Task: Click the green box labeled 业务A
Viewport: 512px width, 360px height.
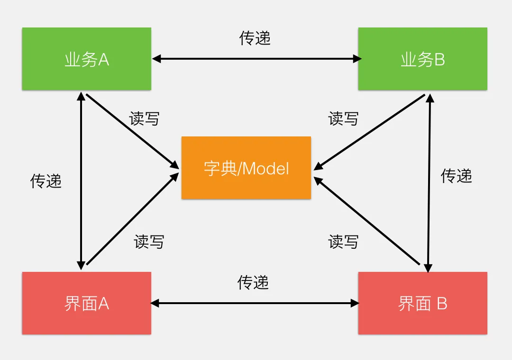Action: [x=87, y=59]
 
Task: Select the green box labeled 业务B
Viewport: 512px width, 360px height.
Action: [x=422, y=59]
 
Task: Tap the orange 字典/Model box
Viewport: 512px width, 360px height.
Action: [x=246, y=168]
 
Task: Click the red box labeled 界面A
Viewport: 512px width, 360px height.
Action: [x=87, y=303]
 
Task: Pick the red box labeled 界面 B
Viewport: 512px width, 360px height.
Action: [x=422, y=303]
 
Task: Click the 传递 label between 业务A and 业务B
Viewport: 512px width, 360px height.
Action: [x=255, y=38]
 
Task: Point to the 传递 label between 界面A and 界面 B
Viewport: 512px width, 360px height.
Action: [x=253, y=283]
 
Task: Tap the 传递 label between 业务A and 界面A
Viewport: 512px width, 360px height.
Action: [x=46, y=180]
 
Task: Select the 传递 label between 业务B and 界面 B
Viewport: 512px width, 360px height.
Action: [x=457, y=176]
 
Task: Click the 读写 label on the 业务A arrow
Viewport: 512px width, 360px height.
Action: [x=144, y=118]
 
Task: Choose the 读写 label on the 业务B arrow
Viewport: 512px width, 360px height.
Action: [x=343, y=118]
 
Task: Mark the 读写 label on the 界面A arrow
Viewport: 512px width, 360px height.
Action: [x=149, y=242]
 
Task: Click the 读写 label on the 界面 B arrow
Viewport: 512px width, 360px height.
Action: [x=343, y=242]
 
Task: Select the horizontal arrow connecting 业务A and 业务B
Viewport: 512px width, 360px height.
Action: [x=256, y=59]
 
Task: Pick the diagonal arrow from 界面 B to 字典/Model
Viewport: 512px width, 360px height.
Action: [x=367, y=220]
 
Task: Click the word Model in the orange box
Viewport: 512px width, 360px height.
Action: [x=266, y=168]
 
